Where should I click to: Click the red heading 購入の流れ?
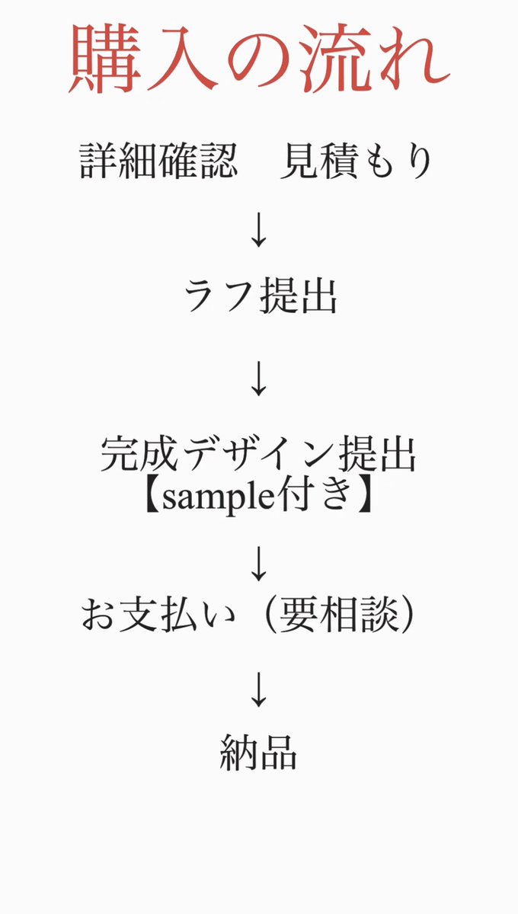click(259, 59)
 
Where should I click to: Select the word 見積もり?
click(357, 162)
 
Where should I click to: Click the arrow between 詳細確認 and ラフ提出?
click(259, 231)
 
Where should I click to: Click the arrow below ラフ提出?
click(259, 379)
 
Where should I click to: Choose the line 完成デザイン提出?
click(259, 456)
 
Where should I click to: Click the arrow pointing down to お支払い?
click(259, 564)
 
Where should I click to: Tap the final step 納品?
click(258, 752)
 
